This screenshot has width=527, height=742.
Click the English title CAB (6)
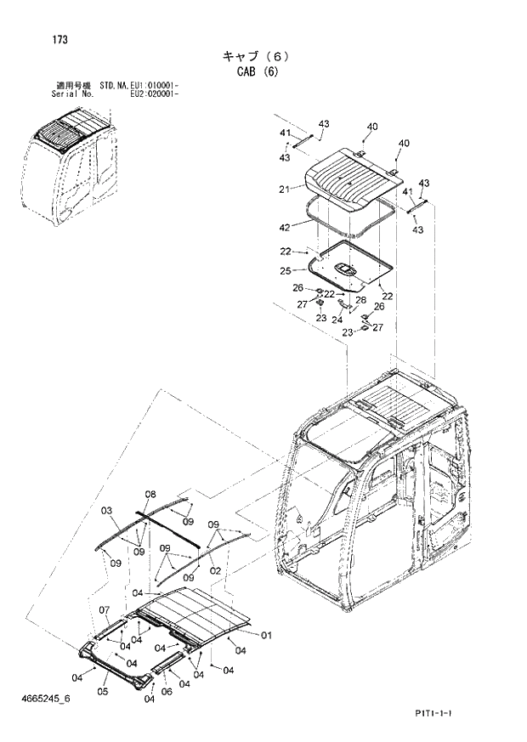point(257,71)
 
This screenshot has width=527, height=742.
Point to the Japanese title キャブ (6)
point(257,56)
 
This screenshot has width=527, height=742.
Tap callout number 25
point(286,270)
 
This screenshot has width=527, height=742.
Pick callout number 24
point(337,320)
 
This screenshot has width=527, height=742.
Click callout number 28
point(360,300)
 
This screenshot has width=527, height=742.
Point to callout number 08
point(150,494)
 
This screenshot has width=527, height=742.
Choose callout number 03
point(106,511)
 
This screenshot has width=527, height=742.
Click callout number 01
point(265,634)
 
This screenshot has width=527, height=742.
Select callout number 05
point(103,691)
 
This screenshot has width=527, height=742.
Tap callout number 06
point(167,691)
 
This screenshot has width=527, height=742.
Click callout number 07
point(105,609)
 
